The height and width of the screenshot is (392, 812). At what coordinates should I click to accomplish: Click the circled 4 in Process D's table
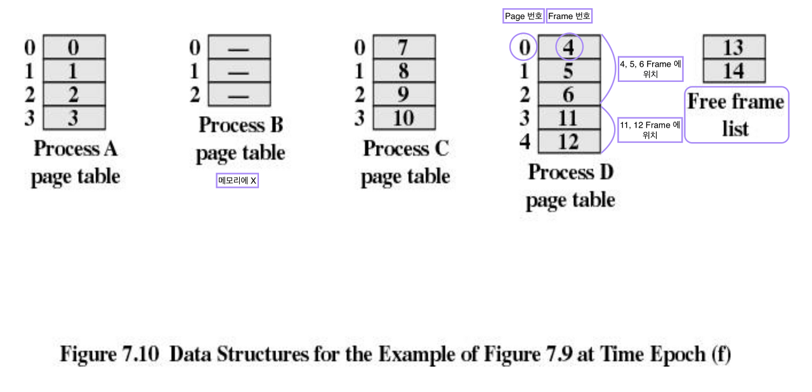568,47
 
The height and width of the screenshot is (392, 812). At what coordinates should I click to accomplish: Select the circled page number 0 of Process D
523,47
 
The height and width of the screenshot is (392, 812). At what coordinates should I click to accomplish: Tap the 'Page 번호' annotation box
523,16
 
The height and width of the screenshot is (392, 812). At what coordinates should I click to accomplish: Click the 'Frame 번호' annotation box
569,16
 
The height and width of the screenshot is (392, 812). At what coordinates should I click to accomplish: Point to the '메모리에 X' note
237,181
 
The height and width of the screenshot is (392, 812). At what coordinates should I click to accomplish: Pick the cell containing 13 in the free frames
733,47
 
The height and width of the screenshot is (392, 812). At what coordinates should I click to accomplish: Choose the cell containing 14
733,70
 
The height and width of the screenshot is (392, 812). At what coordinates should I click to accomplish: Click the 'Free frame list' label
736,115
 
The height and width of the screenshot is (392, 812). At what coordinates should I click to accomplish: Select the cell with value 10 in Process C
403,118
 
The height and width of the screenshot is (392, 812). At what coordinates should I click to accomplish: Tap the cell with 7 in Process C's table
403,47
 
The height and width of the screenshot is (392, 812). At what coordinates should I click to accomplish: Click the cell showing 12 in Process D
568,141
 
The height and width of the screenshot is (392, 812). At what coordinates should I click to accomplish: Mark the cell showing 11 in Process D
568,118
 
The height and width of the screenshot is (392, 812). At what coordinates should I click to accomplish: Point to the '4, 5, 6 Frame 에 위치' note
650,69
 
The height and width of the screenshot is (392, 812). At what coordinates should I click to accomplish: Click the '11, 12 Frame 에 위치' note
650,130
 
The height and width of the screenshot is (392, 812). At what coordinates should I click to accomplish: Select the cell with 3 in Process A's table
74,118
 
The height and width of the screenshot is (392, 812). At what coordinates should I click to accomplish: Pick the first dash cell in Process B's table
239,47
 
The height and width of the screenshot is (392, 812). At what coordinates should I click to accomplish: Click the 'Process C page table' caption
405,162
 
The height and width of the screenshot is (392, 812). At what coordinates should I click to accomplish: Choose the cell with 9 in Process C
403,95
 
